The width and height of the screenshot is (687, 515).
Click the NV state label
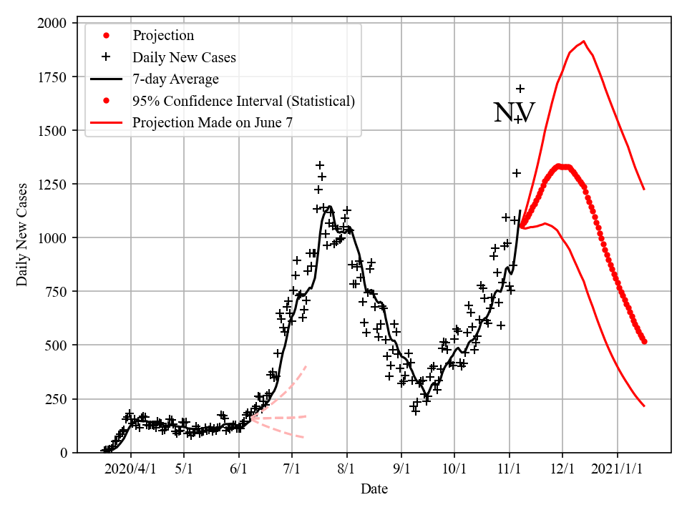coord(514,113)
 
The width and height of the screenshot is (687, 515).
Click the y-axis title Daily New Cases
coord(23,235)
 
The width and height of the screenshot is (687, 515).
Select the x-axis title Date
coord(374,489)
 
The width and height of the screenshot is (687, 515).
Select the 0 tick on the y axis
coord(63,453)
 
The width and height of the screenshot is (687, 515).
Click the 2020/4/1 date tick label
coord(130,469)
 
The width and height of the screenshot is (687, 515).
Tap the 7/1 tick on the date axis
coord(292,469)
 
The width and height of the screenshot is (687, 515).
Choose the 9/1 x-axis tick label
coord(401,469)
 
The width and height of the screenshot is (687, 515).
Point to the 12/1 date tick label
coord(562,469)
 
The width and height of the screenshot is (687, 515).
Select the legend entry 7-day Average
coord(175,79)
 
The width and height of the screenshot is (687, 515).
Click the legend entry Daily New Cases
coord(184,57)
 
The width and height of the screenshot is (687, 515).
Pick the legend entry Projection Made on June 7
coord(213,123)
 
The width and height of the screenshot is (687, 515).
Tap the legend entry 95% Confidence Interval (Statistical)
coord(243,101)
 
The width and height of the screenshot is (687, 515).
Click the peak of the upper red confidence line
coord(584,41)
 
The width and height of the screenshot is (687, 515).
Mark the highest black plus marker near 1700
coord(520,89)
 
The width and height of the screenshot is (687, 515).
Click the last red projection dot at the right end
coord(644,342)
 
